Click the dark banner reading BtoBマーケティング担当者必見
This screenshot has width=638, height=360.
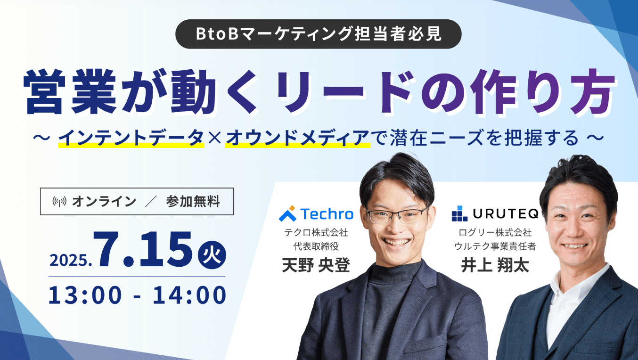click(x=318, y=34)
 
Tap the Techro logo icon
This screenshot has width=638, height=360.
click(x=288, y=213)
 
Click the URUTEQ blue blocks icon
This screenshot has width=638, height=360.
click(x=459, y=213)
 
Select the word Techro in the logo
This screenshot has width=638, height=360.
click(x=327, y=214)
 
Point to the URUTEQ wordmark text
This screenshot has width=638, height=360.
click(x=506, y=213)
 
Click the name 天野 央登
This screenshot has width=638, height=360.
click(x=316, y=265)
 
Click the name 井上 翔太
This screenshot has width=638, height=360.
click(x=495, y=265)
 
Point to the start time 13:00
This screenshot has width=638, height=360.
click(x=85, y=295)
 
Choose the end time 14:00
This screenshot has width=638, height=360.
click(x=189, y=295)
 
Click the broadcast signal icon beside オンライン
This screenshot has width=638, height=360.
click(x=59, y=201)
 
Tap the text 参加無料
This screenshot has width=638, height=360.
click(x=193, y=201)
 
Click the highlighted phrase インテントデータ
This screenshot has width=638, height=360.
click(x=131, y=138)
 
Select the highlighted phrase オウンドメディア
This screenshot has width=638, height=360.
click(x=297, y=138)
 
